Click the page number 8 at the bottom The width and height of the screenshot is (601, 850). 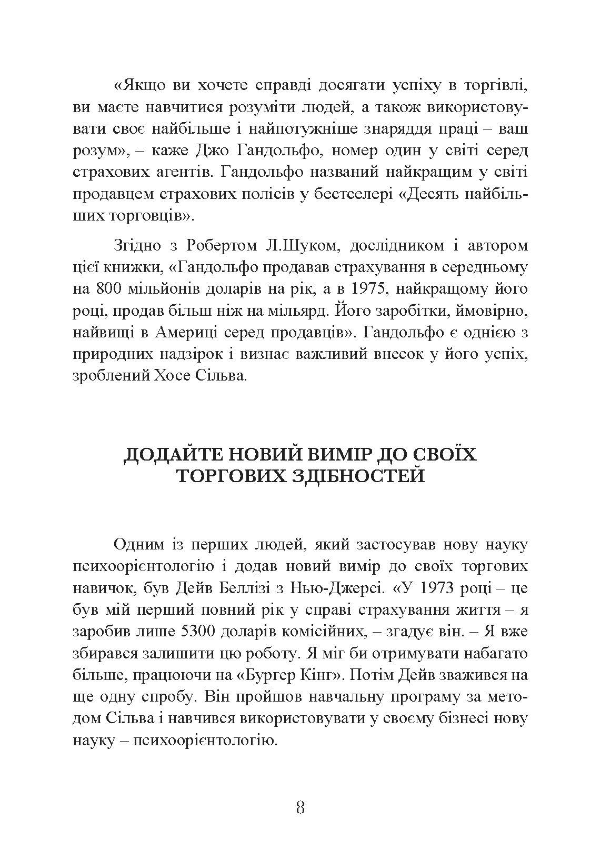(300, 807)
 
